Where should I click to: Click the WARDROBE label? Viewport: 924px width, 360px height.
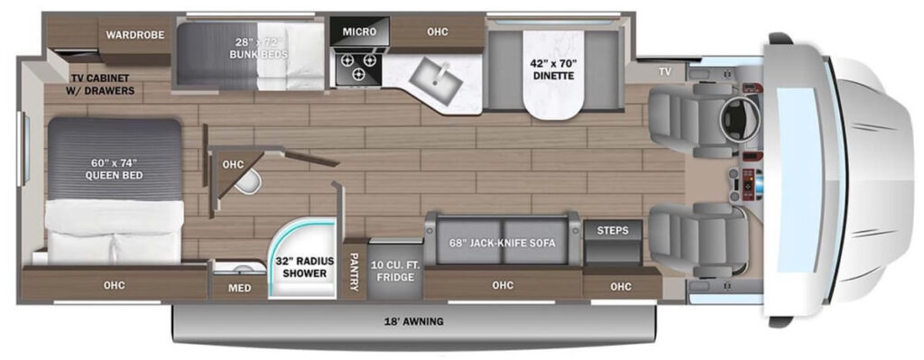pyautogui.click(x=133, y=35)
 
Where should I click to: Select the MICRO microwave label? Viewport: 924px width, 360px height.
pyautogui.click(x=359, y=32)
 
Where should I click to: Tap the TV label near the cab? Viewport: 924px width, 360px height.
pyautogui.click(x=665, y=71)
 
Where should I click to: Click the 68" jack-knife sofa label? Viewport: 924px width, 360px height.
pyautogui.click(x=502, y=244)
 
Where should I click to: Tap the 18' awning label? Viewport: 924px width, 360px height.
pyautogui.click(x=414, y=321)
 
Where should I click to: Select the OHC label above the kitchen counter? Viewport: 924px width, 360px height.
pyautogui.click(x=437, y=32)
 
